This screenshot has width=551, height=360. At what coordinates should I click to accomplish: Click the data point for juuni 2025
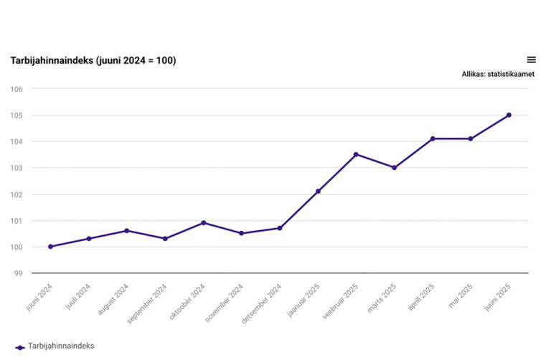pos(509,115)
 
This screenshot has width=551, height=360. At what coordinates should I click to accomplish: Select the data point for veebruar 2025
pos(356,154)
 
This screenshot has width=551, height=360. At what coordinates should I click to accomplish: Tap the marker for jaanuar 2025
pos(318,191)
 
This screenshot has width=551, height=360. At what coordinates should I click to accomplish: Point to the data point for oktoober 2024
pos(203,223)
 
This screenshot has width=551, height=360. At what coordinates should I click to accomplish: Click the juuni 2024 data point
pos(50,247)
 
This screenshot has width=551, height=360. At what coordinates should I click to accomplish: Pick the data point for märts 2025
pos(394,168)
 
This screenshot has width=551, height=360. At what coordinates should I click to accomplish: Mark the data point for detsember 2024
pos(280,228)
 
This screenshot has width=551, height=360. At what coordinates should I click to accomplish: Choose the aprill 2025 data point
pos(433,138)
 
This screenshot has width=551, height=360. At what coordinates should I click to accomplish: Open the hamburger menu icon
pos(531,60)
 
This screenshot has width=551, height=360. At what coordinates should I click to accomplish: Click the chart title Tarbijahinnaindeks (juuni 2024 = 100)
pos(93,60)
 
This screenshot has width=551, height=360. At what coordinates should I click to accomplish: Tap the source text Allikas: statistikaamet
pos(498,74)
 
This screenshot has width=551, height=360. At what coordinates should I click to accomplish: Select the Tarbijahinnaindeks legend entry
pos(55,346)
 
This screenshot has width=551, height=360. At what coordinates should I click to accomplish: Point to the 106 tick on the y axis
pos(17,89)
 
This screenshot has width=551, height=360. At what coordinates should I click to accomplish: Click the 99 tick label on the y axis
pos(19,273)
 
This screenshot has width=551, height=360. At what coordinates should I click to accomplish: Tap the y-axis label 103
pos(17,168)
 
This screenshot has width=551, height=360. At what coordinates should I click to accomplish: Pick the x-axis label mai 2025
pos(458,296)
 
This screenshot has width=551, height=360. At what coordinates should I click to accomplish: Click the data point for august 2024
pos(127,231)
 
